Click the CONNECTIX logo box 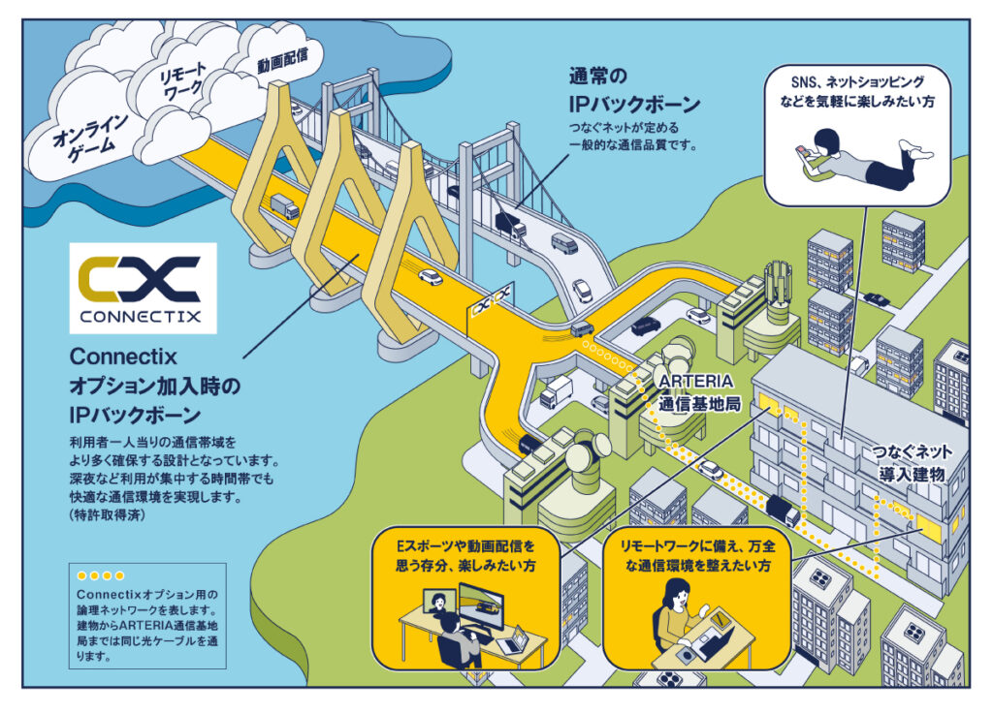143,288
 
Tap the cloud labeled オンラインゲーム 83,136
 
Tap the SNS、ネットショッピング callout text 856,91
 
